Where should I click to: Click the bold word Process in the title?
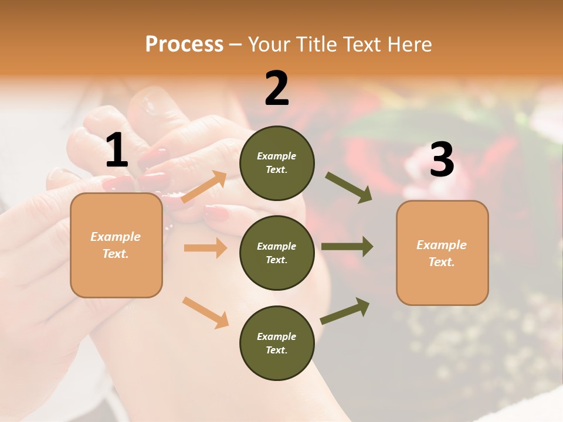[x=184, y=45]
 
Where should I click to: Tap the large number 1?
[x=117, y=151]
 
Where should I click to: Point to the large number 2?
[x=277, y=89]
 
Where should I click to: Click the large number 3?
[x=442, y=160]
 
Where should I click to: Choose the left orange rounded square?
[x=116, y=245]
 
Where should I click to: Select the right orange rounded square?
[x=442, y=253]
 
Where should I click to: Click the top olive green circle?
[x=277, y=163]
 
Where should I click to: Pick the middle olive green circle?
[x=277, y=253]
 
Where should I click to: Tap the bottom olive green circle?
[x=277, y=343]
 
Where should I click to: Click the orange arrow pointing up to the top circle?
[x=205, y=186]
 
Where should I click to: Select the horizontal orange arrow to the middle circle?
[x=205, y=248]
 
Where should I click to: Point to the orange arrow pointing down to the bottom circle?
[x=205, y=312]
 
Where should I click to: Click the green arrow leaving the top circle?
[x=349, y=187]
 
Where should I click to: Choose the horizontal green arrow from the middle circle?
[x=347, y=247]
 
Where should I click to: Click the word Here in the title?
[x=411, y=45]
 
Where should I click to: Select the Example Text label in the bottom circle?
[x=277, y=343]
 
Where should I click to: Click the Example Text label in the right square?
[x=442, y=253]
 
